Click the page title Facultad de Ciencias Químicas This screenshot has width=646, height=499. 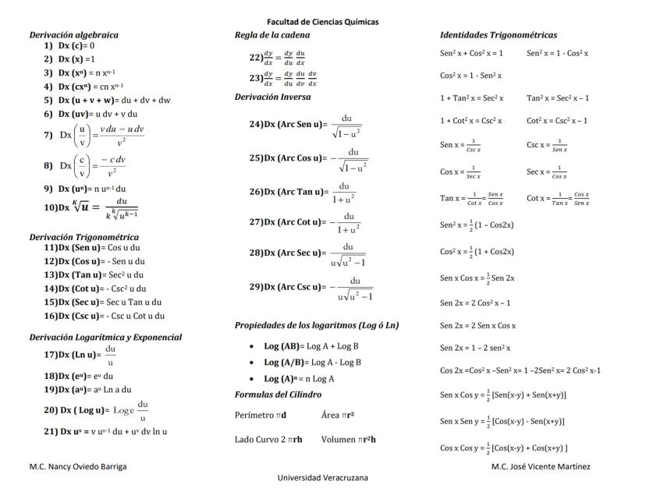point(322,22)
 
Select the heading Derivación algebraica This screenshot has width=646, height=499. point(74,35)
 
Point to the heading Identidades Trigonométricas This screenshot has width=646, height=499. point(499,35)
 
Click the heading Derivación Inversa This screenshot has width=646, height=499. point(272,97)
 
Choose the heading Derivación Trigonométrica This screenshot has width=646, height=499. point(84,236)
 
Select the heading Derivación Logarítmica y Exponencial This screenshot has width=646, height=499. point(105,337)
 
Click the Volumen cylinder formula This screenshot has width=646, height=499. point(348,439)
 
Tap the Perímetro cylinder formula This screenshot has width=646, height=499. point(261,415)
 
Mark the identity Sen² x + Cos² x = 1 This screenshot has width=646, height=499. point(471,53)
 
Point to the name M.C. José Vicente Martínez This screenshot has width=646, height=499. point(541,466)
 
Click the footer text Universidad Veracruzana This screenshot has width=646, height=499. point(322,478)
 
